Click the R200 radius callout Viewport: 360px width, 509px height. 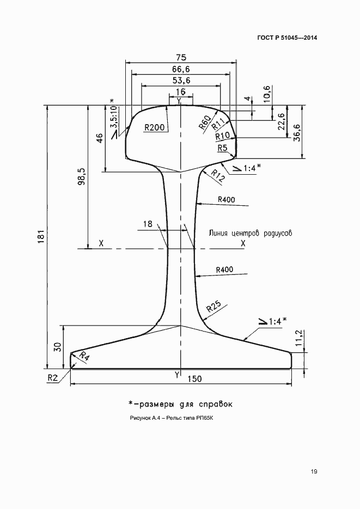coord(154,127)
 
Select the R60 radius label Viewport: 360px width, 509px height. coord(204,124)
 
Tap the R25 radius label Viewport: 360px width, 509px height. coord(213,311)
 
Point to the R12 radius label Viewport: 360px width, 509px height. coord(217,174)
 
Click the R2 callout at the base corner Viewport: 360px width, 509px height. coord(52,376)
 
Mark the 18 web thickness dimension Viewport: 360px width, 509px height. coord(147,224)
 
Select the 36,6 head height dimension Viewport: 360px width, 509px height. coord(297,132)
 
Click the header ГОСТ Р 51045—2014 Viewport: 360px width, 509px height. coord(287,38)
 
